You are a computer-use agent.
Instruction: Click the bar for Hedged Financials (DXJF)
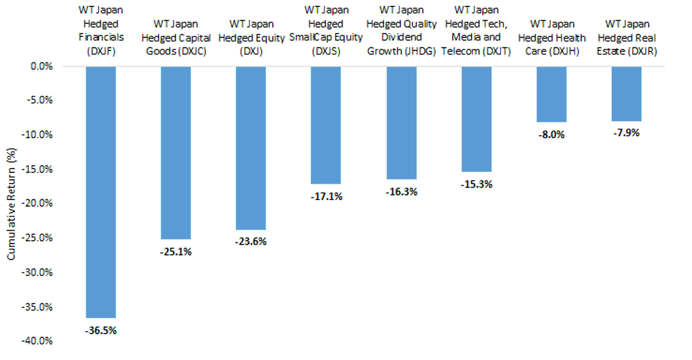pyautogui.click(x=101, y=192)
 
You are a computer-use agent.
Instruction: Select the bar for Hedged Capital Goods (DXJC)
pyautogui.click(x=176, y=153)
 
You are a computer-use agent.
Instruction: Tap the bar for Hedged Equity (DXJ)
pyautogui.click(x=251, y=148)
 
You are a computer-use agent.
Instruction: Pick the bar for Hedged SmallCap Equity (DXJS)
pyautogui.click(x=326, y=125)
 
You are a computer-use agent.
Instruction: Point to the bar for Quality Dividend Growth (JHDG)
pyautogui.click(x=401, y=123)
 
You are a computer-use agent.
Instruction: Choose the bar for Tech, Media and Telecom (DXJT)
pyautogui.click(x=477, y=119)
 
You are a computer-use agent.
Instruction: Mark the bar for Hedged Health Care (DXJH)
pyautogui.click(x=552, y=94)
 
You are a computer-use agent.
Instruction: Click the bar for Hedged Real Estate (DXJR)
pyautogui.click(x=626, y=94)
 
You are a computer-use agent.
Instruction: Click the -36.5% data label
pyautogui.click(x=101, y=331)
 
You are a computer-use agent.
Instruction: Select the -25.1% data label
pyautogui.click(x=176, y=252)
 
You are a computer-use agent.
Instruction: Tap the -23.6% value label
pyautogui.click(x=251, y=241)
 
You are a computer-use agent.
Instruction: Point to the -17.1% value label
pyautogui.click(x=326, y=196)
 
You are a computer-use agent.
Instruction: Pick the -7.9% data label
pyautogui.click(x=626, y=133)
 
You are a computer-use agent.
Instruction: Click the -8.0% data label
pyautogui.click(x=552, y=135)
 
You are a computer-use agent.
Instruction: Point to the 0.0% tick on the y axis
pyautogui.click(x=42, y=66)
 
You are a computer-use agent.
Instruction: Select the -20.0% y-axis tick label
pyautogui.click(x=37, y=203)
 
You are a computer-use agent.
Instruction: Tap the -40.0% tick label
pyautogui.click(x=37, y=341)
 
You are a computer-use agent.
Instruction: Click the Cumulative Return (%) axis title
pyautogui.click(x=11, y=204)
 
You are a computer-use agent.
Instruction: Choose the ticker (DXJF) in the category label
pyautogui.click(x=101, y=51)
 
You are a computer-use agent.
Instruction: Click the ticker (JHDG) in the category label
pyautogui.click(x=420, y=51)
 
